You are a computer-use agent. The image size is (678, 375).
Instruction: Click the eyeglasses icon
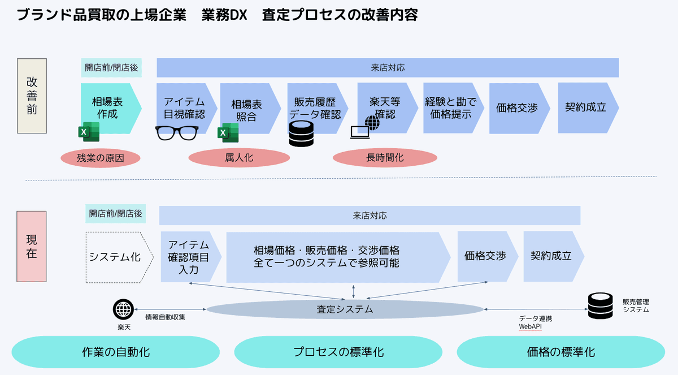tap(177, 133)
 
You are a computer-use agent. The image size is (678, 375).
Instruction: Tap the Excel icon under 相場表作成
tap(89, 132)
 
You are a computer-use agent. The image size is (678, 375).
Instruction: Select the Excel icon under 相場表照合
tap(228, 133)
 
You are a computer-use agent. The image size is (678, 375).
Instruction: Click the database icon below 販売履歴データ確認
tap(301, 133)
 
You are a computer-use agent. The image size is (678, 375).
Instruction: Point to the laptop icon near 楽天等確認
tap(360, 132)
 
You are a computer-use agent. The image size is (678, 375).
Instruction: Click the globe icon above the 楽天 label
tap(123, 309)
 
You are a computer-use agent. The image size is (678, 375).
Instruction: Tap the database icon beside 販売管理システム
tap(600, 305)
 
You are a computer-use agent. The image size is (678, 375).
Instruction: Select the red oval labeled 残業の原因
tap(101, 158)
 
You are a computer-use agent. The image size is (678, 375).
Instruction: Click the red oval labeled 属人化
tap(239, 157)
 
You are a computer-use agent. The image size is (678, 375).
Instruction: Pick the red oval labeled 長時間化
tap(385, 157)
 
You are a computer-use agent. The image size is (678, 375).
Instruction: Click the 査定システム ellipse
tap(345, 309)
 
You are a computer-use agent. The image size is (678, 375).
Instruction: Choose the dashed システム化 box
tap(120, 257)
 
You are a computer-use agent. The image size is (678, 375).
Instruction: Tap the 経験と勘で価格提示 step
tap(453, 108)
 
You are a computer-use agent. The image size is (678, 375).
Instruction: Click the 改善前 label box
tap(32, 96)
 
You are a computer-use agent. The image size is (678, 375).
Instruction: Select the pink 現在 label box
tap(32, 247)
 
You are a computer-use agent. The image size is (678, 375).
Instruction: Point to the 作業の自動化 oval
tap(116, 352)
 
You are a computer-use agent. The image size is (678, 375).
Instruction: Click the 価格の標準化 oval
tap(561, 352)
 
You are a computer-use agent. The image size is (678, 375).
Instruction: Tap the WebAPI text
tap(531, 327)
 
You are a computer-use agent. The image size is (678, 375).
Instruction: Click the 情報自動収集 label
tap(165, 317)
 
